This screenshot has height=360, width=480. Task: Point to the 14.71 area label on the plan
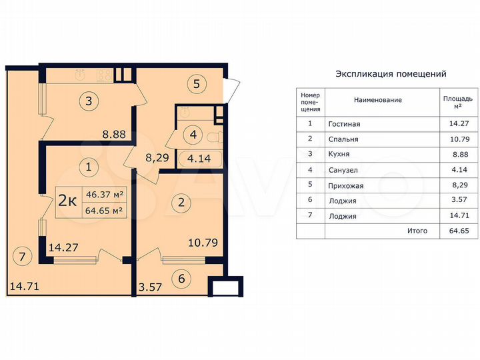coord(24,288)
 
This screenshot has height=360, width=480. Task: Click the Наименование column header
coord(377,100)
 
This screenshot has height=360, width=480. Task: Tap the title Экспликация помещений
coord(390,74)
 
